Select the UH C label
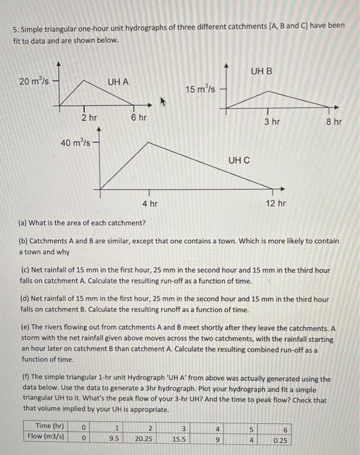238,159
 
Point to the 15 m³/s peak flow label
199,88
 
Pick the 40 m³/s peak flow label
75,142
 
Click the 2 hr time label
89,118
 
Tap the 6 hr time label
138,118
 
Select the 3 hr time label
272,122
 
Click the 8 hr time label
334,122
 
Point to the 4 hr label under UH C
149,203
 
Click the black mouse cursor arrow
162,101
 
